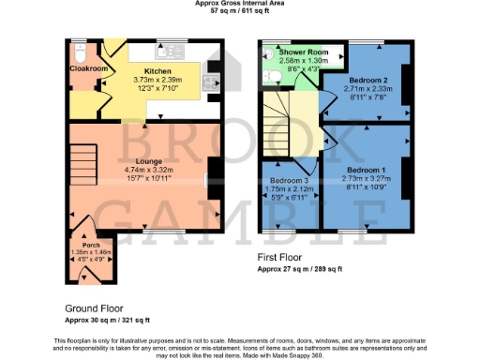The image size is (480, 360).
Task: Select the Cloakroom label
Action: (x=86, y=68)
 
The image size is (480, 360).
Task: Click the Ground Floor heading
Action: (x=94, y=308)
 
